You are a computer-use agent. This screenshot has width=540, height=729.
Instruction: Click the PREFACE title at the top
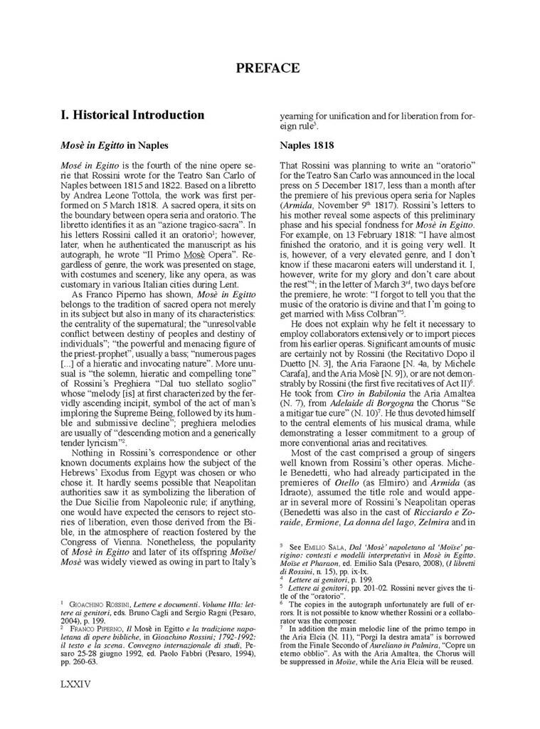(268, 68)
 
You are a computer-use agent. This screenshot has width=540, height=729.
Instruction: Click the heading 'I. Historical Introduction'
(132, 115)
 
